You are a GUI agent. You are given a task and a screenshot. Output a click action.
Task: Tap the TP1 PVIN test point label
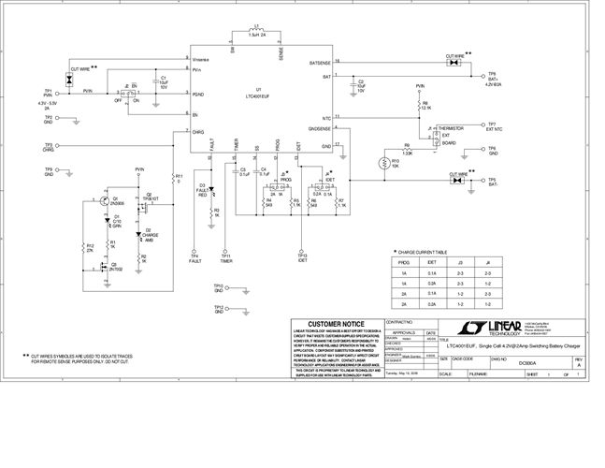tap(49, 93)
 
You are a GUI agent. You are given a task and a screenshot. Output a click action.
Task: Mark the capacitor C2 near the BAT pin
tap(353, 86)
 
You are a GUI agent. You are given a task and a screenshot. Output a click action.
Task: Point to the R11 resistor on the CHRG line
tap(177, 177)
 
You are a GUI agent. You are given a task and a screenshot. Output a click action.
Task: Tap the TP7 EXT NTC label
tap(493, 126)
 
